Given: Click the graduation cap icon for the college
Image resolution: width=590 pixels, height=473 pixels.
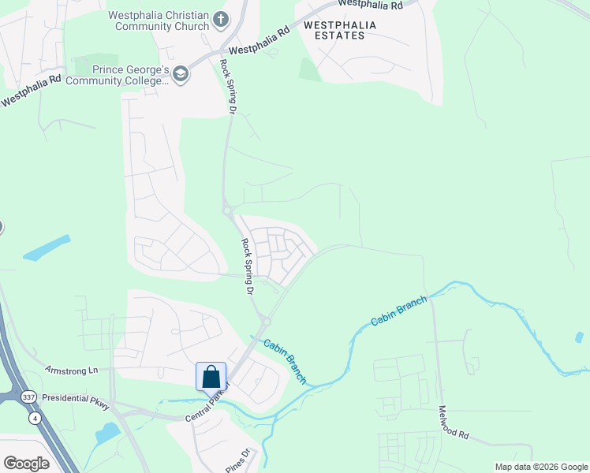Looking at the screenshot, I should pyautogui.click(x=181, y=75).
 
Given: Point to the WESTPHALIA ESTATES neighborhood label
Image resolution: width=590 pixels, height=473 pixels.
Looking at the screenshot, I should pyautogui.click(x=340, y=30).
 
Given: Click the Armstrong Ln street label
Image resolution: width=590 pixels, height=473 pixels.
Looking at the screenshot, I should pyautogui.click(x=71, y=370).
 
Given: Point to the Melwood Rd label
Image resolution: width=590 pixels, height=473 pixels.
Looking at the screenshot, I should pyautogui.click(x=454, y=423).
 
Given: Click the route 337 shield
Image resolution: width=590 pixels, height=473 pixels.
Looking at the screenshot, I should pyautogui.click(x=29, y=396).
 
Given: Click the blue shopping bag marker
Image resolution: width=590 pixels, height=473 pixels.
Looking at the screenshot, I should pyautogui.click(x=211, y=376).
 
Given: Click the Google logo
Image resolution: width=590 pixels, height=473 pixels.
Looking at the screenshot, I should pyautogui.click(x=25, y=463).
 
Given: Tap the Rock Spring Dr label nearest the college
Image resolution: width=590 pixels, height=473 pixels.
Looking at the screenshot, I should pyautogui.click(x=228, y=87).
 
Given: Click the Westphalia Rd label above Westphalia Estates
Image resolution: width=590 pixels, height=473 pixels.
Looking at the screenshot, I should pyautogui.click(x=370, y=6).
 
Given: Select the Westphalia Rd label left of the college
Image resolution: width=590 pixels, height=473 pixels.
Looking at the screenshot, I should pyautogui.click(x=31, y=91).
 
